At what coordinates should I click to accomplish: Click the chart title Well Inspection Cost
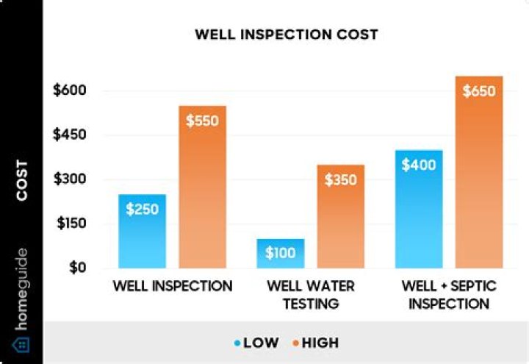tap(286, 35)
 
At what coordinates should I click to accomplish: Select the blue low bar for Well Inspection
tap(142, 231)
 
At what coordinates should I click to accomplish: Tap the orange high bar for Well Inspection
tap(203, 188)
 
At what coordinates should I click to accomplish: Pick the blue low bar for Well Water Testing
tap(281, 254)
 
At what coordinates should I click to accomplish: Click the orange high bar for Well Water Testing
tap(340, 216)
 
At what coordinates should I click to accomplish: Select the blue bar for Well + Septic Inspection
tap(419, 209)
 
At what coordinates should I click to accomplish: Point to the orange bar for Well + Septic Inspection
tap(479, 173)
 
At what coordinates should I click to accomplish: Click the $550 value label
tap(203, 121)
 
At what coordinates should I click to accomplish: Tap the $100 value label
tap(281, 254)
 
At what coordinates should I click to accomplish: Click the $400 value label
tap(419, 165)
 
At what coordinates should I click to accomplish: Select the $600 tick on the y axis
tap(71, 91)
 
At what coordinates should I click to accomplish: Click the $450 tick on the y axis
tap(71, 135)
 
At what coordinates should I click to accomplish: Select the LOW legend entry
tap(258, 343)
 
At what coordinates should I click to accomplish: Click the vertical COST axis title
tap(22, 180)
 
